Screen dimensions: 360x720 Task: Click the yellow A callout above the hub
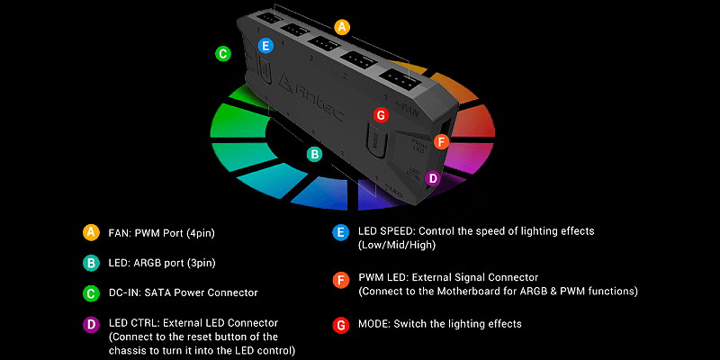point(341,27)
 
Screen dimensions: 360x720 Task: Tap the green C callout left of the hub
point(223,54)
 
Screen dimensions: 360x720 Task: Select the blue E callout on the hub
point(265,46)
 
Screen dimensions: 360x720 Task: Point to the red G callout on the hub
point(381,115)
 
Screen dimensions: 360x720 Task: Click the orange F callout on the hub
point(440,141)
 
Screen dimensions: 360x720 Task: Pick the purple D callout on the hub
point(433,178)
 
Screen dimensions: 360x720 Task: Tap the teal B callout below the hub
point(314,155)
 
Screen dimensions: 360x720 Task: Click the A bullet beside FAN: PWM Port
point(90,233)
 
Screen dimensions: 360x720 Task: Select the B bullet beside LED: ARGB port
point(90,263)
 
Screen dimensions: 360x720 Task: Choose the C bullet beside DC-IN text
point(90,292)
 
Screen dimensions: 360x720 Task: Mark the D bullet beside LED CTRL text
point(90,322)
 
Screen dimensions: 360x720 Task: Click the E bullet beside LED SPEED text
point(339,232)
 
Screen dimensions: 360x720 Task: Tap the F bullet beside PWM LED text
point(339,278)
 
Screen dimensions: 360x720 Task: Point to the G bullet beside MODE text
point(339,323)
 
